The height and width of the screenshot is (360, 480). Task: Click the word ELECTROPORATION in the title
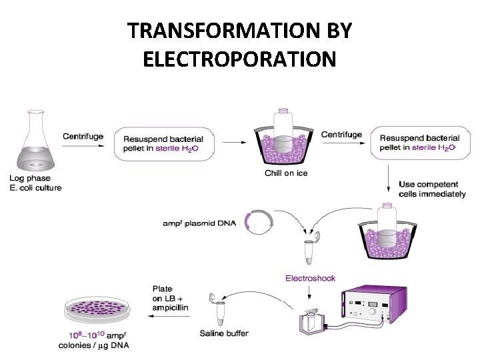pyautogui.click(x=239, y=59)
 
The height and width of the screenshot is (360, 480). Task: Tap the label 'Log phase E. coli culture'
pyautogui.click(x=35, y=183)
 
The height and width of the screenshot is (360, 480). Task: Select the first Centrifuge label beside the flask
pyautogui.click(x=83, y=136)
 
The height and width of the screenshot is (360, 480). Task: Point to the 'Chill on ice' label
pyautogui.click(x=286, y=173)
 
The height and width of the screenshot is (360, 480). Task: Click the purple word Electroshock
pyautogui.click(x=310, y=278)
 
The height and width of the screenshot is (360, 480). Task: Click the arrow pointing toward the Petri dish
pyautogui.click(x=167, y=317)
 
